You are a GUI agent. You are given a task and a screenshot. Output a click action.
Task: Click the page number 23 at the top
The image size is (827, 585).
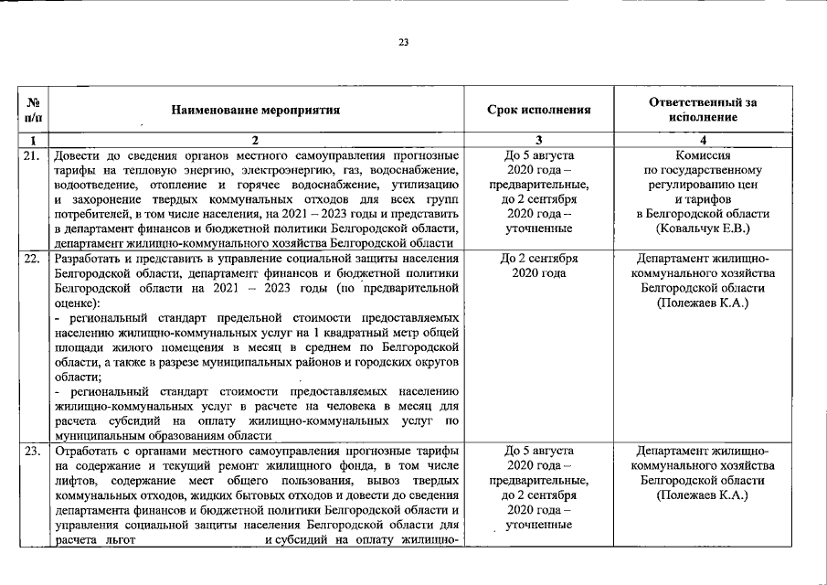[404, 42]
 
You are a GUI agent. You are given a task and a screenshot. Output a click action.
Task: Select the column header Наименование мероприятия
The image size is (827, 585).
[255, 111]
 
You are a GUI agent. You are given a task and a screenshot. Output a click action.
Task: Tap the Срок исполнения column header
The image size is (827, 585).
[538, 111]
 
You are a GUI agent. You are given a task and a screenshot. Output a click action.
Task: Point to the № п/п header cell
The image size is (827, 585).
[33, 111]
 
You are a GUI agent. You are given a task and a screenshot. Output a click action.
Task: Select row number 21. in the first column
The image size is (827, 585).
[32, 155]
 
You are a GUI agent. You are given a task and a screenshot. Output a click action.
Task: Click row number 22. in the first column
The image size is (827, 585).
[32, 259]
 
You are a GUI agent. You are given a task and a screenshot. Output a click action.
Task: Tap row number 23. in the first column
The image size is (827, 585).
[32, 452]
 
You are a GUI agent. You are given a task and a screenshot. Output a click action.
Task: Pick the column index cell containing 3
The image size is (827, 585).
[538, 141]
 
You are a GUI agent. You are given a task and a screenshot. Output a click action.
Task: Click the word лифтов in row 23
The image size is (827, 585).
[74, 481]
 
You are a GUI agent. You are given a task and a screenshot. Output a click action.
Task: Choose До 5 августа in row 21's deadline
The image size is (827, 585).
[538, 155]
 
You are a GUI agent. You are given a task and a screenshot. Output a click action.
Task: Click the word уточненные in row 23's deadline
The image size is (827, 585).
[538, 525]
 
